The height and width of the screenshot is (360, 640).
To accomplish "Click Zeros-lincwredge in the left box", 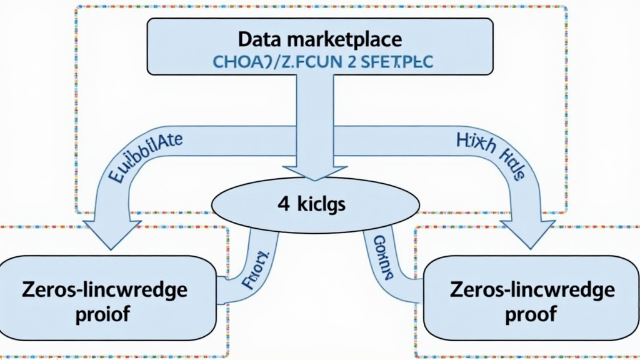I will (x=104, y=290).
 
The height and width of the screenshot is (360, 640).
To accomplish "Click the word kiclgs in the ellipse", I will (x=322, y=205).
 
